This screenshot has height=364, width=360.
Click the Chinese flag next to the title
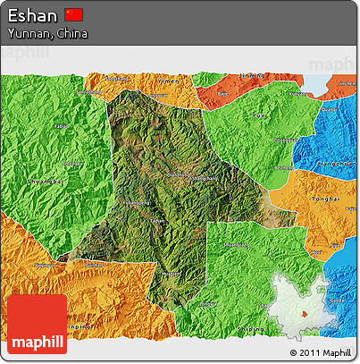click(x=74, y=15)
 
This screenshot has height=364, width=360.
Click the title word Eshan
click(x=33, y=15)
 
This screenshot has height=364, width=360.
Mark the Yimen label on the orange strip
click(x=159, y=80)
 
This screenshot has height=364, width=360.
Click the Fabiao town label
click(x=63, y=127)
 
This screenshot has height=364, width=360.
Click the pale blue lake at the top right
click(x=322, y=81)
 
